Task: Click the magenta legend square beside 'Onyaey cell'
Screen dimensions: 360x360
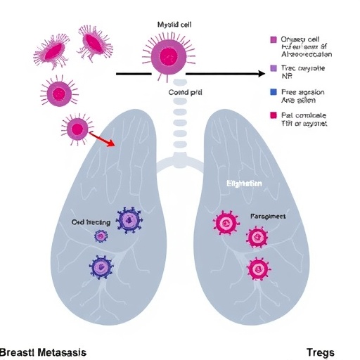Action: tap(274, 40)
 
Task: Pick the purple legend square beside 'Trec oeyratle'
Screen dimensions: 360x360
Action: tap(274, 70)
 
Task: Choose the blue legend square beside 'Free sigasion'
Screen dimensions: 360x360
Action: tap(274, 92)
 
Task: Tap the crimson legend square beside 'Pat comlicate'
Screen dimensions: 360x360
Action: tap(274, 115)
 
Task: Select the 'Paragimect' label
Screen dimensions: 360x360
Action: tap(268, 217)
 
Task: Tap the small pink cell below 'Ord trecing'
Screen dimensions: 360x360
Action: tap(101, 237)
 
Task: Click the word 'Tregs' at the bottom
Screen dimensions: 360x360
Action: tap(321, 352)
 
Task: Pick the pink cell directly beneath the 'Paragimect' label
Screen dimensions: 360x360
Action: tap(257, 238)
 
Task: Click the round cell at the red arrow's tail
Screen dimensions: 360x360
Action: tap(77, 128)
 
